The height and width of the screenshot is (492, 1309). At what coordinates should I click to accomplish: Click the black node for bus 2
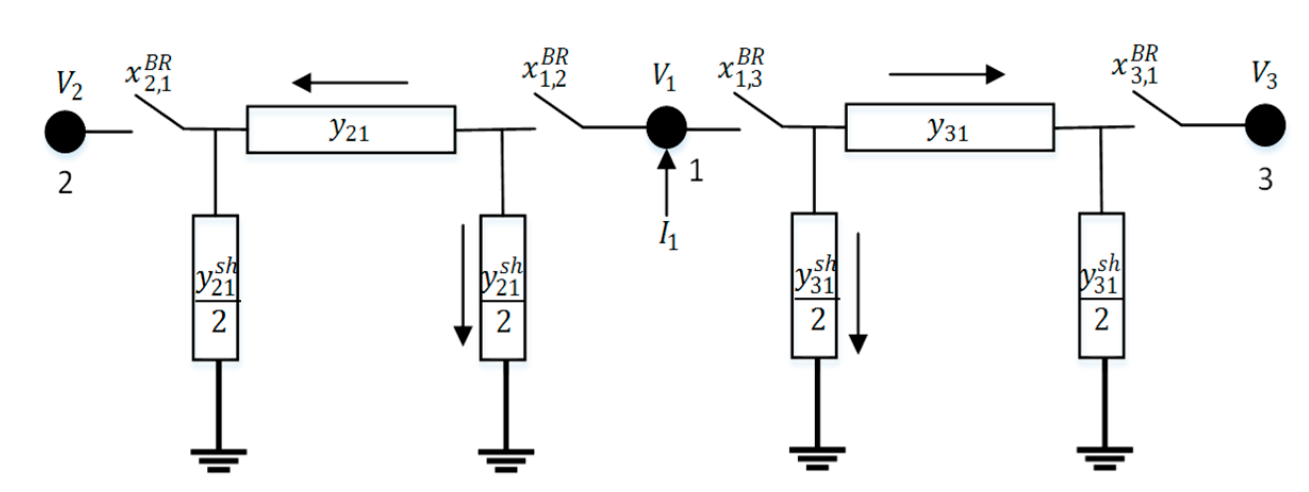(x=65, y=132)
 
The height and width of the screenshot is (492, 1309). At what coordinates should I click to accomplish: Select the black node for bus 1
(x=666, y=128)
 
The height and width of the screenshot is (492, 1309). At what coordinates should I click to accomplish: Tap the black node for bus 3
(x=1265, y=126)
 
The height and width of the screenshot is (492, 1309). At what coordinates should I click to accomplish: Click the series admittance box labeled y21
(x=351, y=130)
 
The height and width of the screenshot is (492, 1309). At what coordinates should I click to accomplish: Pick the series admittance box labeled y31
(x=949, y=128)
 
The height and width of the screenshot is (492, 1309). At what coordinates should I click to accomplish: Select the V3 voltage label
(x=1264, y=74)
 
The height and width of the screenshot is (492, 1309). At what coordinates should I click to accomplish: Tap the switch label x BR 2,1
(x=149, y=73)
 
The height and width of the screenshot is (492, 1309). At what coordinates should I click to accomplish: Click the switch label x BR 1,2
(x=545, y=68)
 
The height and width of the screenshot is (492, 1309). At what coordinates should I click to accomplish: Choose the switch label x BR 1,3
(x=741, y=68)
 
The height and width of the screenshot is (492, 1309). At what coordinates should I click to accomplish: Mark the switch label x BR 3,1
(x=1134, y=65)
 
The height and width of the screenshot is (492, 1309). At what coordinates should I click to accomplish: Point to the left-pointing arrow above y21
(x=350, y=83)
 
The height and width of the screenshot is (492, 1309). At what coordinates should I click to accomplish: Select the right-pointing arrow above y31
(x=946, y=74)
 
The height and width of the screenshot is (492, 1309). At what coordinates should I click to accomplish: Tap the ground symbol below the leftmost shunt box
(x=218, y=460)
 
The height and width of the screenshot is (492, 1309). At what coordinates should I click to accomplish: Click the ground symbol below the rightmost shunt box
(x=1105, y=457)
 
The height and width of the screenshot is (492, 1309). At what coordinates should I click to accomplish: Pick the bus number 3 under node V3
(x=1265, y=180)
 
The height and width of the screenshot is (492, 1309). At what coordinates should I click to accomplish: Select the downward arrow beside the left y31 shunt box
(x=858, y=293)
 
